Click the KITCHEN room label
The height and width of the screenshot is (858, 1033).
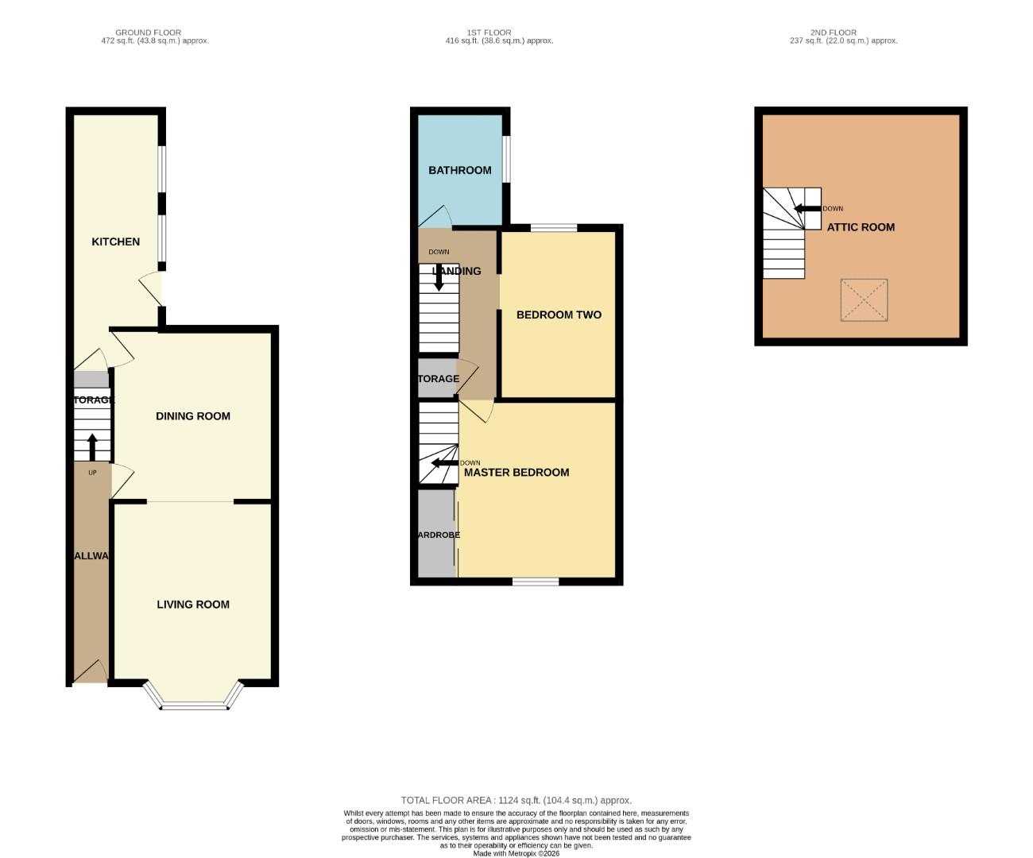(116, 242)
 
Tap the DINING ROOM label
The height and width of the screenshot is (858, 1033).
(193, 416)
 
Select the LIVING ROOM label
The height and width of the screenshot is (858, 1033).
(193, 605)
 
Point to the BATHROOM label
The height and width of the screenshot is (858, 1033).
(460, 170)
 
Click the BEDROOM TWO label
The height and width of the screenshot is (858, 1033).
(559, 315)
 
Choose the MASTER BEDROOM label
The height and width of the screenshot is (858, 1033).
(516, 472)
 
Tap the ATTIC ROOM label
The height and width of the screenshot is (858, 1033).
(861, 227)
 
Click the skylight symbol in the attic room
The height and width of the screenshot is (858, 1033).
(864, 300)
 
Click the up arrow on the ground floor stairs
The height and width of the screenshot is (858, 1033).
(92, 447)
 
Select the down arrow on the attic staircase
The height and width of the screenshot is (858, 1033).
(807, 209)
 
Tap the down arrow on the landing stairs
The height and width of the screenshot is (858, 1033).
(438, 276)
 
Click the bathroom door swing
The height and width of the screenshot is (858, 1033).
(436, 217)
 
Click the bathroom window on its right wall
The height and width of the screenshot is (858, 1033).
(506, 160)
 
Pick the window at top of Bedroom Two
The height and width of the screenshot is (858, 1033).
(554, 228)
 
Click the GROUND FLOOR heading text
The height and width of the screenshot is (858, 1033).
(149, 33)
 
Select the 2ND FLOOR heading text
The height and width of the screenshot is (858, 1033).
(834, 33)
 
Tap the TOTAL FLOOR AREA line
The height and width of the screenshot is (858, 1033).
(516, 801)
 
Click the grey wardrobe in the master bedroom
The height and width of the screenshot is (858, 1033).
(436, 534)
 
